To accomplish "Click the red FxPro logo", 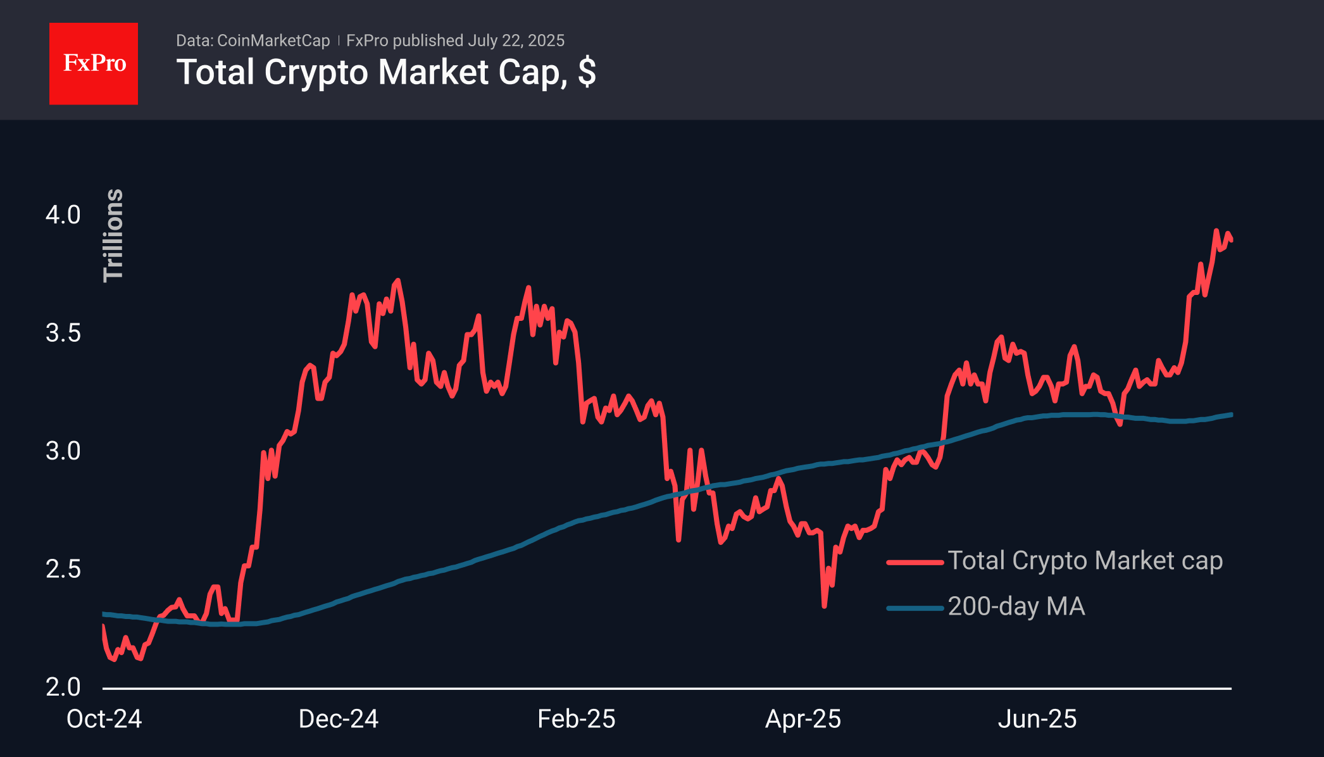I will (94, 63).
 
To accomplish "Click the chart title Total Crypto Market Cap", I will (386, 72).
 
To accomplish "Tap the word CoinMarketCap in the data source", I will (273, 41).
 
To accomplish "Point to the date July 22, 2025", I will (516, 41).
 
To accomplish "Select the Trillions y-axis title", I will (113, 235).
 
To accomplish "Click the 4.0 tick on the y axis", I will (63, 215).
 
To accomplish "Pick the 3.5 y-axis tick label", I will (63, 333).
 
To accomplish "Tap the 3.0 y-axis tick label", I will (63, 451).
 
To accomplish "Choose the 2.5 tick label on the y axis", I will (63, 569).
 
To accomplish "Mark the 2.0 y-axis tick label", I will (63, 687).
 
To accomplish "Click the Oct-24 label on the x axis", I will (104, 719).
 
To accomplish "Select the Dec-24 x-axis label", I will (339, 719).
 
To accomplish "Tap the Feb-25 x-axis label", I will (577, 719).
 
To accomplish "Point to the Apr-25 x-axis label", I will (803, 719).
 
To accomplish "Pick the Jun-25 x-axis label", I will (1037, 719).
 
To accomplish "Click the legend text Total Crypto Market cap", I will (1085, 561).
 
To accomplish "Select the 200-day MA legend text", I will (1016, 606).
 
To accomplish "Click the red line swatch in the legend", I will (915, 561).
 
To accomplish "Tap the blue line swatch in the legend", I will (915, 608).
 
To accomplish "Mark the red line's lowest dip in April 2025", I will (824, 606).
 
